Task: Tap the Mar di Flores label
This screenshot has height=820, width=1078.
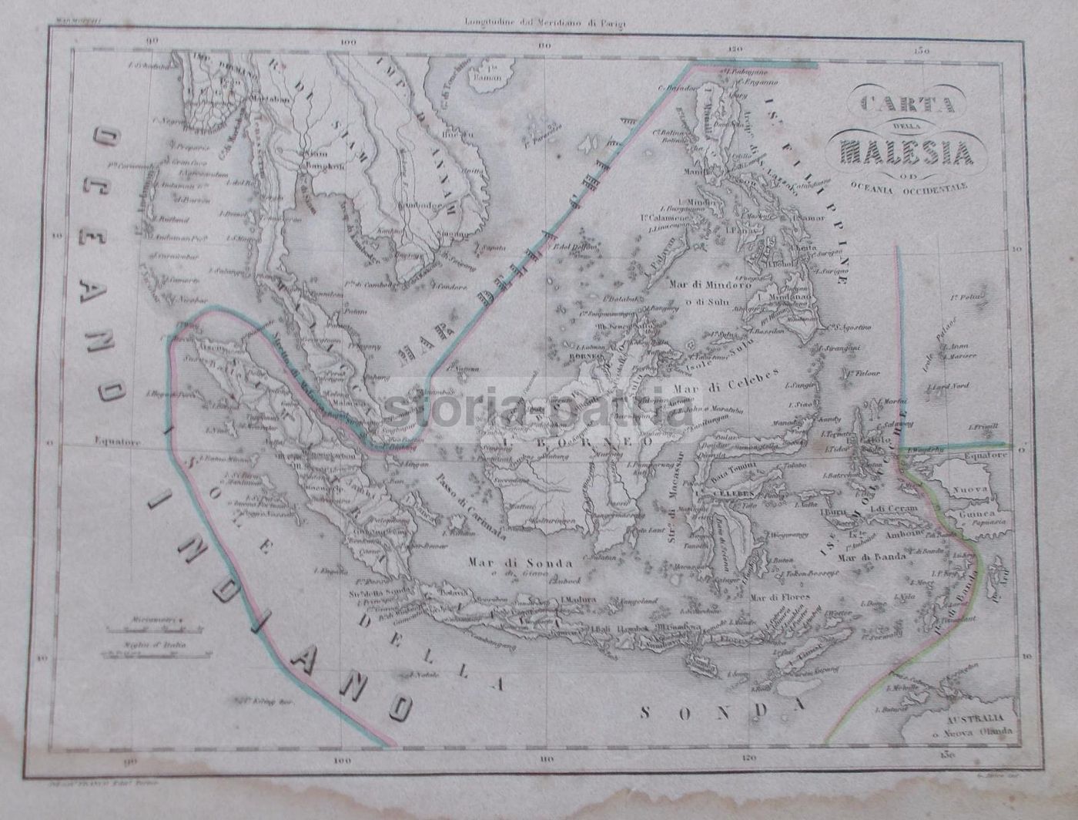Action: click(x=777, y=596)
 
